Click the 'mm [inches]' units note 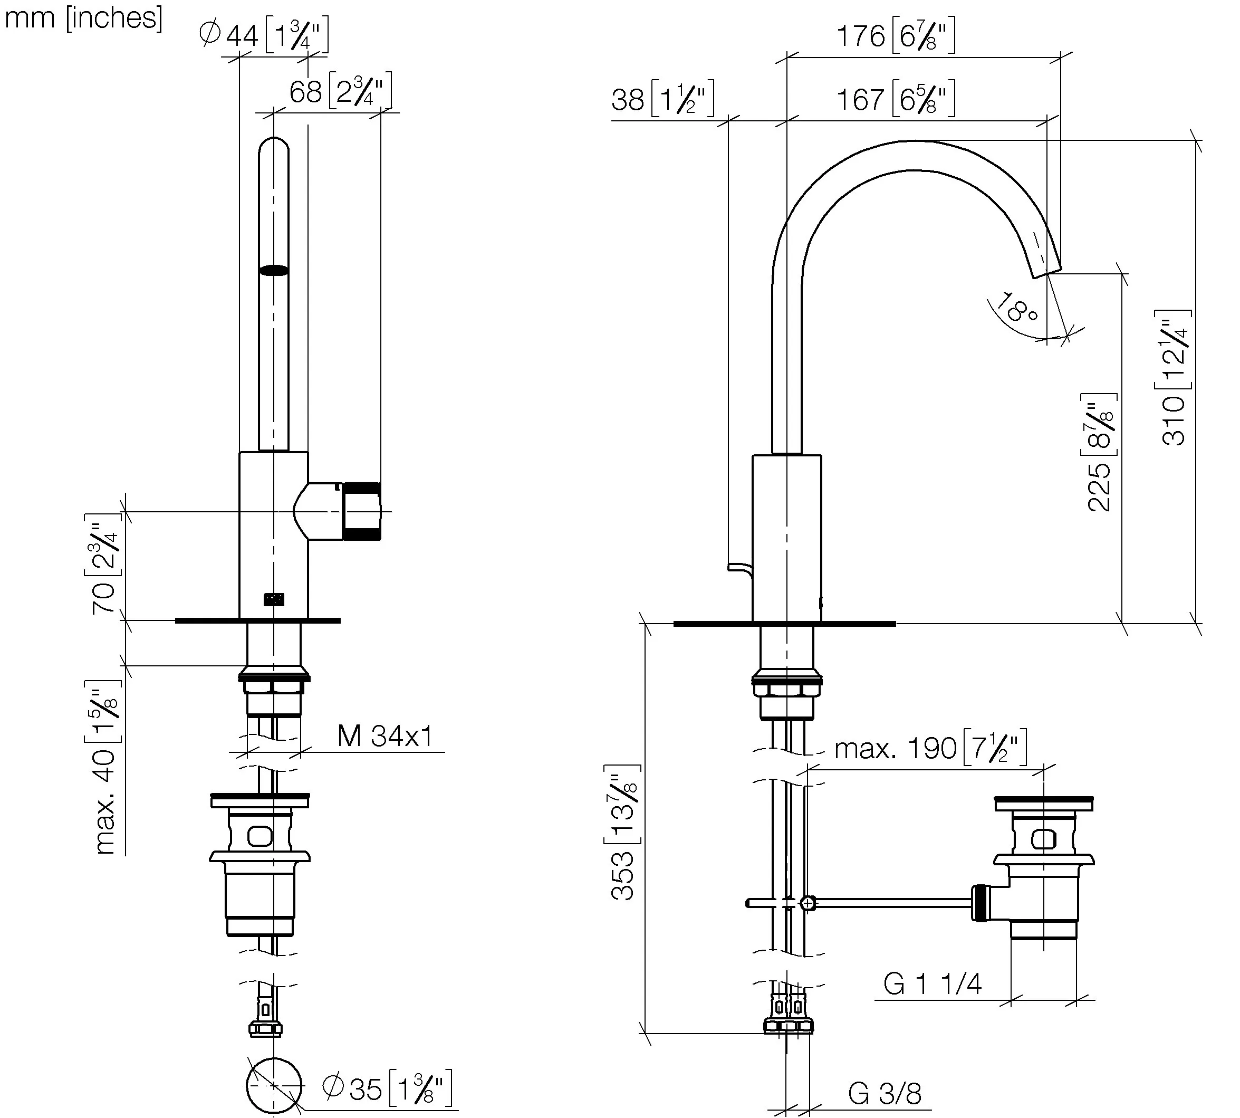[x=83, y=18]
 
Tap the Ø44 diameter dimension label [x=264, y=36]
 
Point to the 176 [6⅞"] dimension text [x=896, y=36]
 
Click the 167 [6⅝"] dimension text [x=896, y=98]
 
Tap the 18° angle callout [x=1016, y=307]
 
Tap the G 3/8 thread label [x=885, y=1093]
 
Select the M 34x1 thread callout [x=386, y=735]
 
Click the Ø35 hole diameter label [x=387, y=1088]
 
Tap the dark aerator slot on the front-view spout [x=274, y=270]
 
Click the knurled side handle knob [x=361, y=511]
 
